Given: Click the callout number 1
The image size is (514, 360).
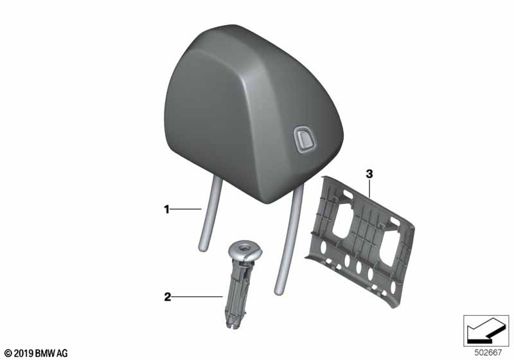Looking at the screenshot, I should click(166, 209).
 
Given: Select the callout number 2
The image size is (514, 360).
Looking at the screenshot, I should click(166, 297).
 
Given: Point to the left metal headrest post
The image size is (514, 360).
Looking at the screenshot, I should click(206, 219).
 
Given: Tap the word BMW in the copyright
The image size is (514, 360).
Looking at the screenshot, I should click(44, 353).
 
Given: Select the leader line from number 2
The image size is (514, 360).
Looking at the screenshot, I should click(197, 297).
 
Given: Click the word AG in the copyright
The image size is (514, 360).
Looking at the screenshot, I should click(61, 353).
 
